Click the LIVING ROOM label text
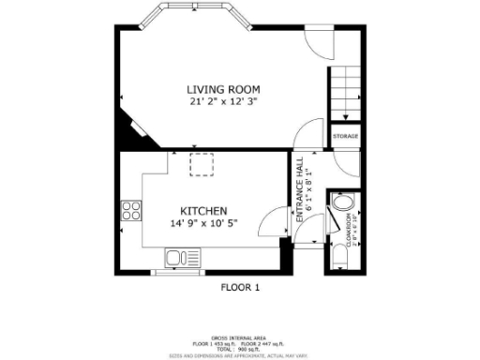[223, 89]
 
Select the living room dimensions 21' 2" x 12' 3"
[223, 101]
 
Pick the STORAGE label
[345, 137]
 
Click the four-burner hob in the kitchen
[130, 210]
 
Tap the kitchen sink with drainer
[179, 257]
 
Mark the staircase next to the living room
[345, 94]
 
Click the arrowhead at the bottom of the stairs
[345, 117]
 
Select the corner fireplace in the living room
[131, 128]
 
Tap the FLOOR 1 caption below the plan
[240, 288]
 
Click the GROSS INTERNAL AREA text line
[239, 337]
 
